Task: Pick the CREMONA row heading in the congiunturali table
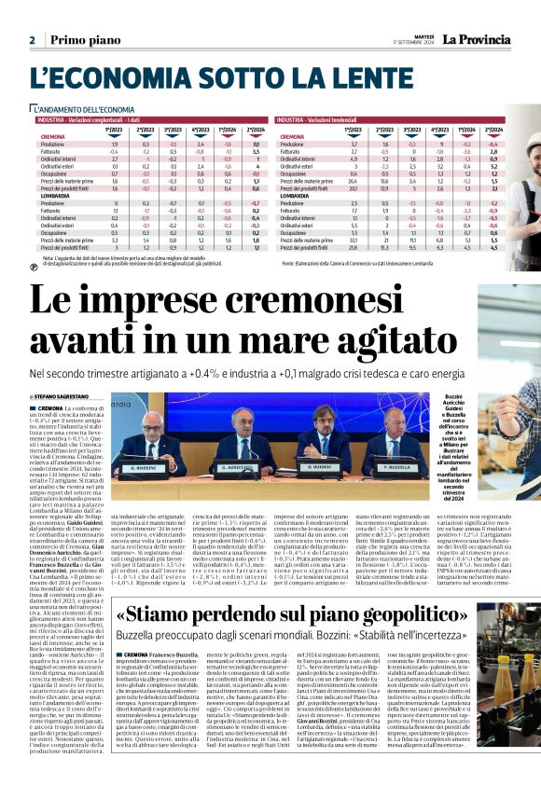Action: (52, 137)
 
